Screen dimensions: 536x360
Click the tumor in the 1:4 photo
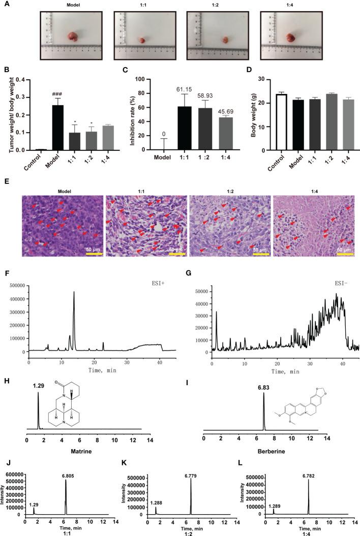coord(291,37)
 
